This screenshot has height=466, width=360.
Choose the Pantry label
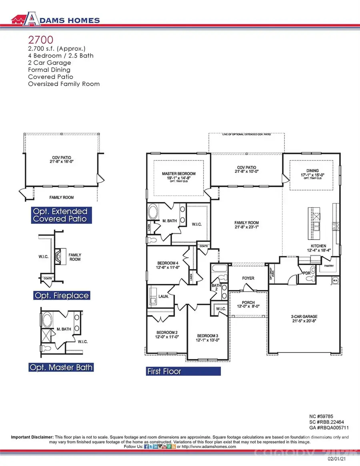pyautogui.click(x=329, y=265)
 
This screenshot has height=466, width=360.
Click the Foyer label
pyautogui.click(x=248, y=278)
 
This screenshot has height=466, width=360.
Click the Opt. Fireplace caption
pyautogui.click(x=61, y=296)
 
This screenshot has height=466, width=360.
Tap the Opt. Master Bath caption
pyautogui.click(x=61, y=367)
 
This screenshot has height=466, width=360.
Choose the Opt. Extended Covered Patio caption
pyautogui.click(x=61, y=215)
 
